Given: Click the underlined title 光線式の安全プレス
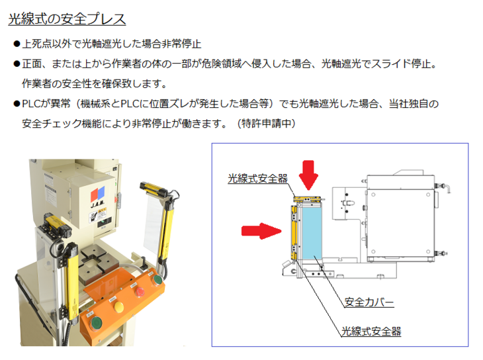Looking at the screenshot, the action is pyautogui.click(x=67, y=19).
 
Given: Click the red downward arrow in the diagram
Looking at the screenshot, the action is pyautogui.click(x=308, y=175).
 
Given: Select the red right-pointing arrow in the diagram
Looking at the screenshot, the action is pyautogui.click(x=261, y=231).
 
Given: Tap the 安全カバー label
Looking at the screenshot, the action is pyautogui.click(x=369, y=302).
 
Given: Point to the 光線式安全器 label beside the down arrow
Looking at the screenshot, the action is pyautogui.click(x=257, y=179).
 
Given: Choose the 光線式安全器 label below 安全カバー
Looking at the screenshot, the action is pyautogui.click(x=371, y=332).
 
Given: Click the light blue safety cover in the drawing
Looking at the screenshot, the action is pyautogui.click(x=312, y=233).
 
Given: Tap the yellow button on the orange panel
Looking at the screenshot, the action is pyautogui.click(x=118, y=306).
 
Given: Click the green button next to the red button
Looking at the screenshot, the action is pyautogui.click(x=157, y=279).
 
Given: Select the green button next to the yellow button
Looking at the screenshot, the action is pyautogui.click(x=97, y=324).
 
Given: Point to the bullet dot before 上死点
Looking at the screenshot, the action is pyautogui.click(x=17, y=44).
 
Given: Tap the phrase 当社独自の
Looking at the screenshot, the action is pyautogui.click(x=414, y=103).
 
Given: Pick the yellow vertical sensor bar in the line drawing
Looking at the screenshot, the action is pyautogui.click(x=294, y=233).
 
